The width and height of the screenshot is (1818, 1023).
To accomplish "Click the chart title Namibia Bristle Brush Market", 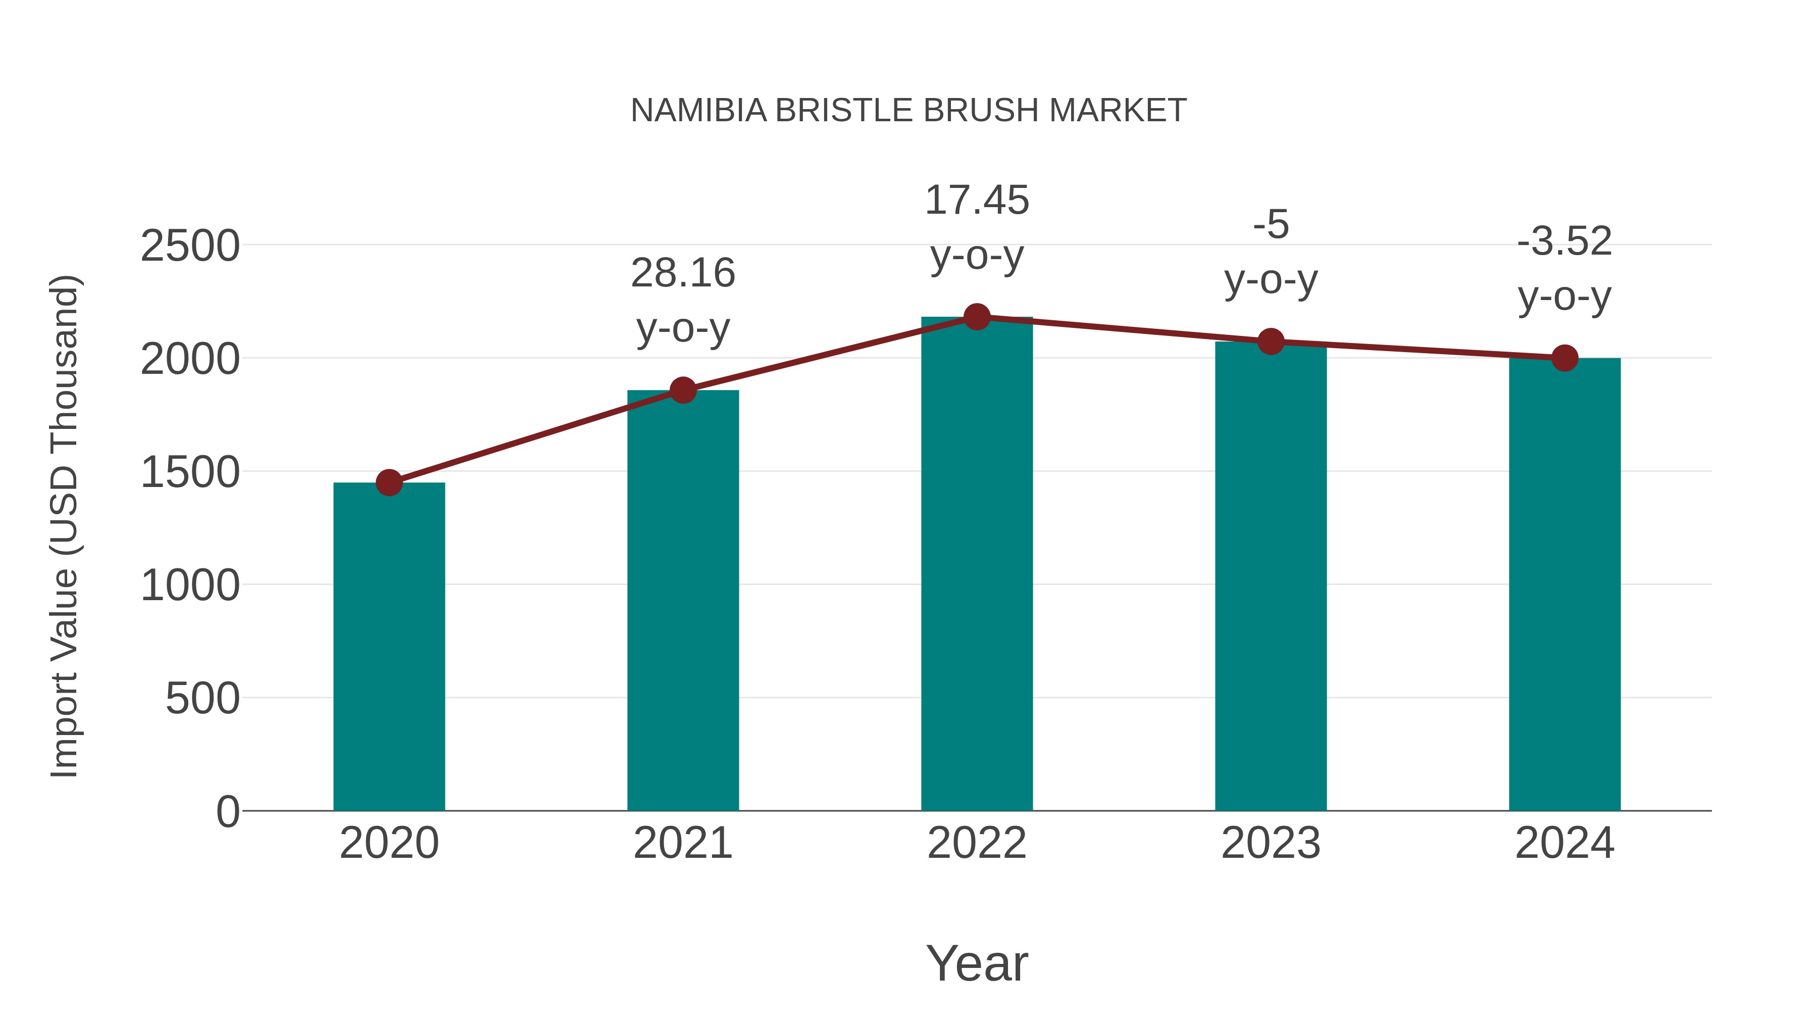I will [908, 111].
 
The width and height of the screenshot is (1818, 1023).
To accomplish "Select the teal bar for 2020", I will [389, 646].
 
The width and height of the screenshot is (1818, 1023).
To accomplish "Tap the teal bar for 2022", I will [977, 565].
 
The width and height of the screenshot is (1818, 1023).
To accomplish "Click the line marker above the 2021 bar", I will [682, 389].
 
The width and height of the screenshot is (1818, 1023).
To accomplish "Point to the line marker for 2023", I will [1271, 342].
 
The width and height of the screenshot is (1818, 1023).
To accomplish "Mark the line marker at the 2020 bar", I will [389, 483].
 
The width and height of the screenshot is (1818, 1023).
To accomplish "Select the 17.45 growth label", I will [977, 201].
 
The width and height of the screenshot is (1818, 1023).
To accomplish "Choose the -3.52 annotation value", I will [1564, 241].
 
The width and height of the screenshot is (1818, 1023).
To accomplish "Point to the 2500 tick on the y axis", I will [190, 247].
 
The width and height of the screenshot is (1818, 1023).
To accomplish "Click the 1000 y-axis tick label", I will [190, 586].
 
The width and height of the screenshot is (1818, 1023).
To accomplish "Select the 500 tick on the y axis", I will [203, 699].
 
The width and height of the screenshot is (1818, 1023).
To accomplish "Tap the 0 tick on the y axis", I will [227, 812].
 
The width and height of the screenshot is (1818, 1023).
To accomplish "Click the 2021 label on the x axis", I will [682, 843].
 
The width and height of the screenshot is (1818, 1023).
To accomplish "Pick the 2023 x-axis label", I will [1271, 843].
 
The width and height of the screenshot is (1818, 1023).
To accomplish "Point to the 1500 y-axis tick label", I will [190, 472].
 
